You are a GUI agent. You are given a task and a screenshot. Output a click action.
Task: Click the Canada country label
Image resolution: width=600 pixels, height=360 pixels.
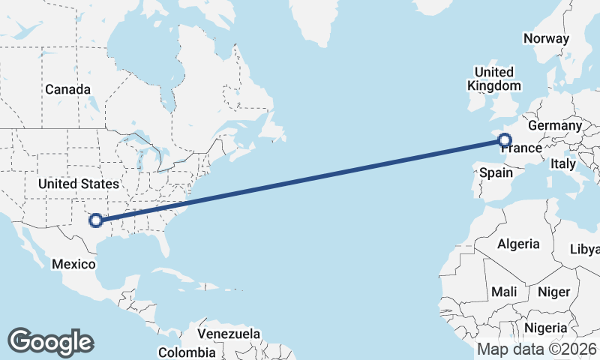click(67, 89)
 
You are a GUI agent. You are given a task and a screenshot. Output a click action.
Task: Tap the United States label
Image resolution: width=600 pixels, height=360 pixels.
click(79, 184)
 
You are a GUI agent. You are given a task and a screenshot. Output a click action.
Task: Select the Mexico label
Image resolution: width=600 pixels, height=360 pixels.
click(73, 264)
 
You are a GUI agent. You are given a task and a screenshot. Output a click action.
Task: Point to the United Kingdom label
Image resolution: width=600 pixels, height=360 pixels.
click(494, 79)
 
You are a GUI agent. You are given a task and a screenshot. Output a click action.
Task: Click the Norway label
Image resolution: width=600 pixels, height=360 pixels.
click(547, 38)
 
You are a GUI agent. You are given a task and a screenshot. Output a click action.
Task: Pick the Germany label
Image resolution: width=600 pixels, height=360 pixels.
click(555, 125)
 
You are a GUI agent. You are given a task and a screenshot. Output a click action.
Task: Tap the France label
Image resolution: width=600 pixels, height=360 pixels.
click(522, 148)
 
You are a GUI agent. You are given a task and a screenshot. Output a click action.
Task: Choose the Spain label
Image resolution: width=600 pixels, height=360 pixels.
click(496, 172)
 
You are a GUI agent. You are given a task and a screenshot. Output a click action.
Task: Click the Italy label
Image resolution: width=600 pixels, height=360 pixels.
click(562, 163)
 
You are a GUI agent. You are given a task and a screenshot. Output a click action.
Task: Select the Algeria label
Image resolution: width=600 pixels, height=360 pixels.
click(518, 244)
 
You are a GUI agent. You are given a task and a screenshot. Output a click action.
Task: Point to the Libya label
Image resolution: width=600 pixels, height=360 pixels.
click(586, 249)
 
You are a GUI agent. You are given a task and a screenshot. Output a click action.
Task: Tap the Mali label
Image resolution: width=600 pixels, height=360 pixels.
click(504, 291)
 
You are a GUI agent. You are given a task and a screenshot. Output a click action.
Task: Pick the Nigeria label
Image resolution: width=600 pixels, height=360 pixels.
click(545, 328)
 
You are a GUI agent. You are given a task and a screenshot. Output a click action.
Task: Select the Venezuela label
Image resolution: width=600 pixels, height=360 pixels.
click(229, 334)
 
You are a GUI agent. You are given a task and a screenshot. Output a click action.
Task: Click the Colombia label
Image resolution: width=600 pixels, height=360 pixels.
click(187, 352)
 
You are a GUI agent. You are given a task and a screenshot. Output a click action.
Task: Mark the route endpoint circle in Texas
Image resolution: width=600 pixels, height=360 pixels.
click(95, 220)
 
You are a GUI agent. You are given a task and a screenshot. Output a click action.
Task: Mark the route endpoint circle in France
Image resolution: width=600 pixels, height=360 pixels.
click(504, 139)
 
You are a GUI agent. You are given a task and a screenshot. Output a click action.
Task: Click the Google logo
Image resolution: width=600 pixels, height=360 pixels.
click(50, 341)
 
